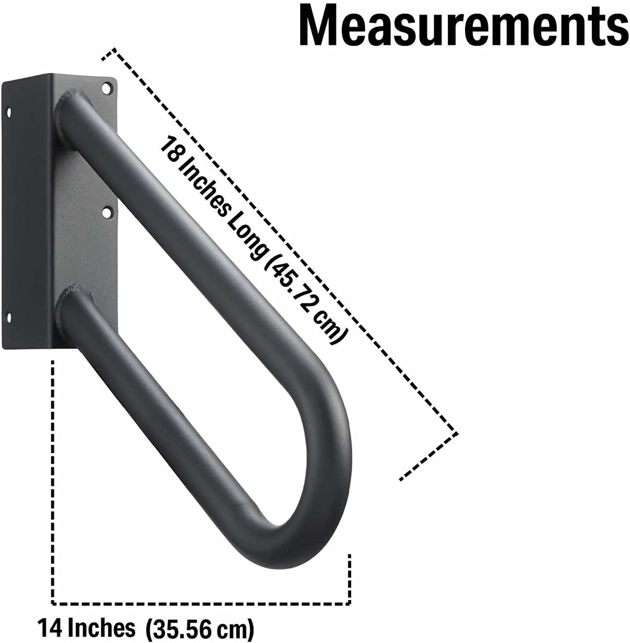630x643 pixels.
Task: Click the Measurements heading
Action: click(463, 26)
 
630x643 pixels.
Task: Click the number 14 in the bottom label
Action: click(50, 627)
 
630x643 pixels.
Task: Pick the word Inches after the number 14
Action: click(101, 627)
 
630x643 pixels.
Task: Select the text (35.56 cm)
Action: click(200, 628)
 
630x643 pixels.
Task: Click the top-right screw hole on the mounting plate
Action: click(106, 89)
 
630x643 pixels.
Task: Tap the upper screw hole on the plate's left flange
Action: click(9, 111)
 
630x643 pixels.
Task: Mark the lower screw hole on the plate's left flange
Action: click(9, 316)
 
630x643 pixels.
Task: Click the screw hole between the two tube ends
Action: click(106, 213)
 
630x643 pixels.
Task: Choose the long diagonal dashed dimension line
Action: click(278, 240)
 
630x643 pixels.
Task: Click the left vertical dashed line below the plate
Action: click(53, 481)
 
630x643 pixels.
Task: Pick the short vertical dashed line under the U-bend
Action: click(349, 579)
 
